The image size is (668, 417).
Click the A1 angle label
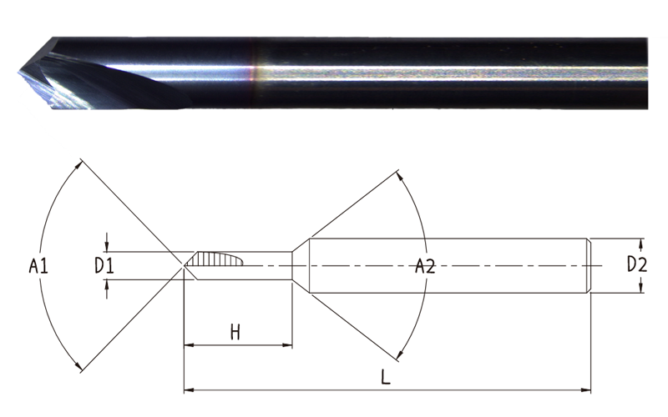tap(38, 266)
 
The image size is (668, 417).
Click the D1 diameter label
tap(104, 266)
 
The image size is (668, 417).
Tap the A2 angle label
tap(425, 266)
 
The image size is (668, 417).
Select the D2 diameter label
tap(637, 264)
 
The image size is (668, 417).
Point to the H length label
tap(235, 332)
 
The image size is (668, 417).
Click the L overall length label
tap(385, 377)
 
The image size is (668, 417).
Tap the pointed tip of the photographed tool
tap(18, 73)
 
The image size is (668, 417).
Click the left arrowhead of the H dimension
tap(189, 344)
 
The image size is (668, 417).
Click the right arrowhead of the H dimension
tap(287, 344)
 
